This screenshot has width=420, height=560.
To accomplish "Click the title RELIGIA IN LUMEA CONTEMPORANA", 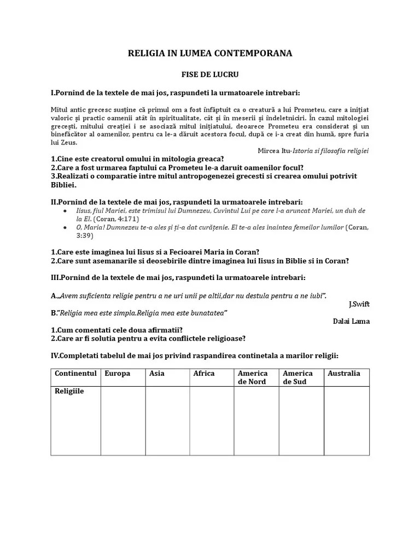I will click(210, 53).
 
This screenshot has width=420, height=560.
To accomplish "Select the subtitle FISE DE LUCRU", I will click(210, 73).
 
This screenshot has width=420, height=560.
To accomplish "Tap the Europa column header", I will click(118, 374).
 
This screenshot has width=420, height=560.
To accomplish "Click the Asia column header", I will click(157, 374).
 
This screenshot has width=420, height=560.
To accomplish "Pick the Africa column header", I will click(204, 374).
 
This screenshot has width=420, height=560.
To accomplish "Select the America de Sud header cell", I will click(298, 377).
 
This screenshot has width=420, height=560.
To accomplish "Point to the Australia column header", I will click(344, 374).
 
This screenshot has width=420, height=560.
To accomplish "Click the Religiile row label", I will click(69, 392).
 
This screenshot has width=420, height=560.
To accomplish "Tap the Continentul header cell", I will click(76, 374).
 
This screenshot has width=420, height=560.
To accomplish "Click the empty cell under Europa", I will click(123, 421).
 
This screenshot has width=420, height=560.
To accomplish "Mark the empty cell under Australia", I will click(347, 421).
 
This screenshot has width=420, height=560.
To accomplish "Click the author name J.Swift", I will click(359, 304).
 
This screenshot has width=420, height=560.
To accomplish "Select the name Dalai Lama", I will click(351, 321).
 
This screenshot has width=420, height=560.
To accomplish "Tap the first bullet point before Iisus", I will click(66, 211).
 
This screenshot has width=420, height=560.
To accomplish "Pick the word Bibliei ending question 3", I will click(63, 185).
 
